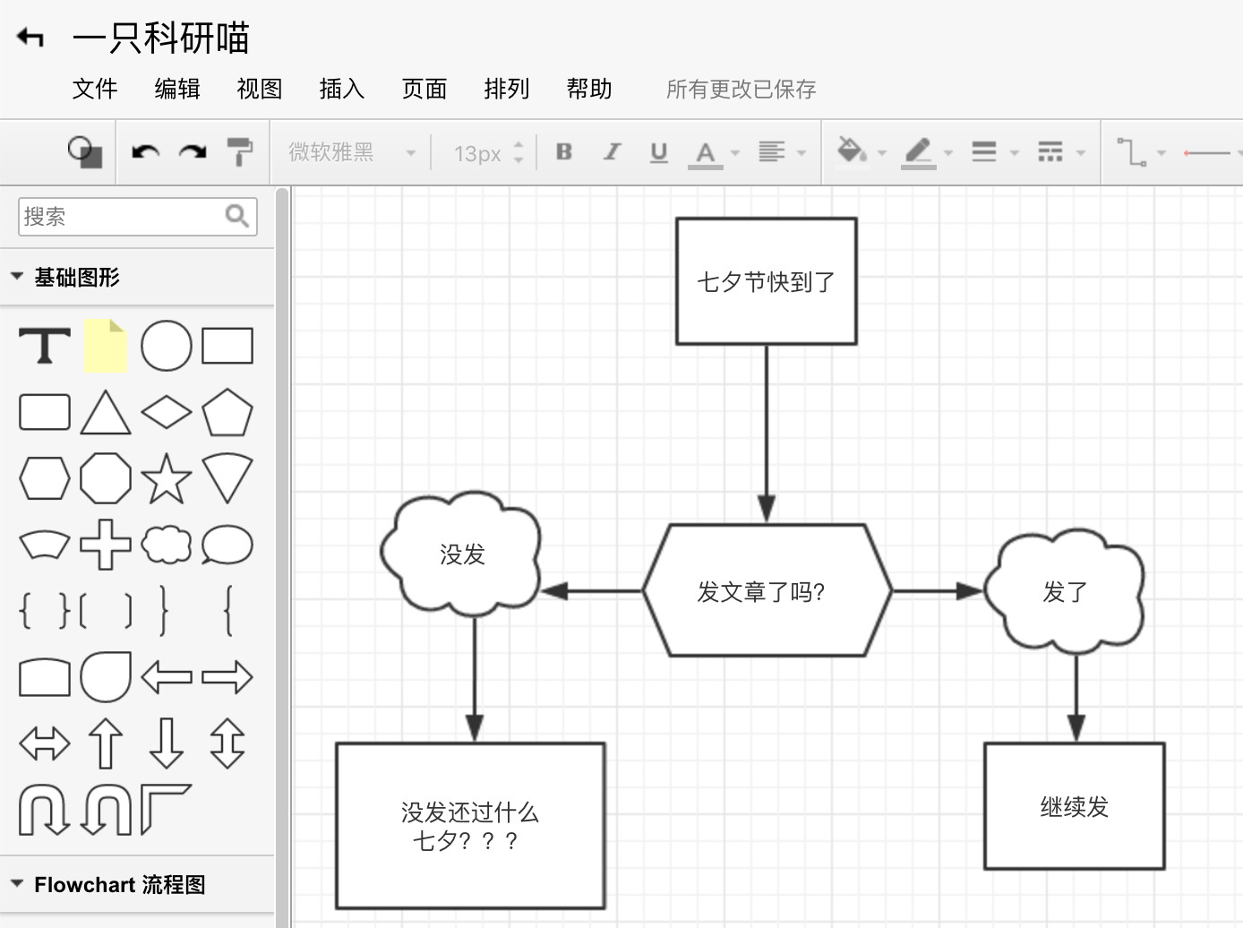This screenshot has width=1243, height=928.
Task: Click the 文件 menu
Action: pyautogui.click(x=95, y=89)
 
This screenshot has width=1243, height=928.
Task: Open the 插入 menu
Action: pyautogui.click(x=342, y=89)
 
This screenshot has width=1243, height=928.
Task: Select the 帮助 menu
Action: pyautogui.click(x=589, y=89)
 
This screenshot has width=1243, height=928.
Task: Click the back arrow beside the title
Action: pyautogui.click(x=30, y=38)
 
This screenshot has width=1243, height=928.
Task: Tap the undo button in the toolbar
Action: pyautogui.click(x=145, y=152)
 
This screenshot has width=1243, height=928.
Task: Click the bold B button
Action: pyautogui.click(x=564, y=152)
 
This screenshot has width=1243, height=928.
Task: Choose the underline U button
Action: pyautogui.click(x=659, y=152)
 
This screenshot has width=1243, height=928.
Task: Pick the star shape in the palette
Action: pyautogui.click(x=167, y=478)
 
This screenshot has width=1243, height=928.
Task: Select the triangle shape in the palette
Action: pyautogui.click(x=106, y=413)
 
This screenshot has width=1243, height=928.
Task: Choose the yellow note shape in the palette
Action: pyautogui.click(x=106, y=346)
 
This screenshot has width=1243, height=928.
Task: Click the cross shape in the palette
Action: pyautogui.click(x=106, y=545)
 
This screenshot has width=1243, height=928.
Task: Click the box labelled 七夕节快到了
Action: pyautogui.click(x=767, y=281)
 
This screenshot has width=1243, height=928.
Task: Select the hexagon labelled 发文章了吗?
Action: pyautogui.click(x=767, y=591)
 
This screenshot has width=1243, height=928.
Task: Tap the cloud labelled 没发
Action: pyautogui.click(x=462, y=554)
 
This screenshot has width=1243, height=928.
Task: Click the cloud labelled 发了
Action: pyautogui.click(x=1065, y=591)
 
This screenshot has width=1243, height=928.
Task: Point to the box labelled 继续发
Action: pyautogui.click(x=1074, y=806)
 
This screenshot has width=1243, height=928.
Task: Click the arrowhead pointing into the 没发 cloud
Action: pyautogui.click(x=555, y=591)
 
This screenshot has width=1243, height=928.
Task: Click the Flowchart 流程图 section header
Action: pyautogui.click(x=120, y=885)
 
